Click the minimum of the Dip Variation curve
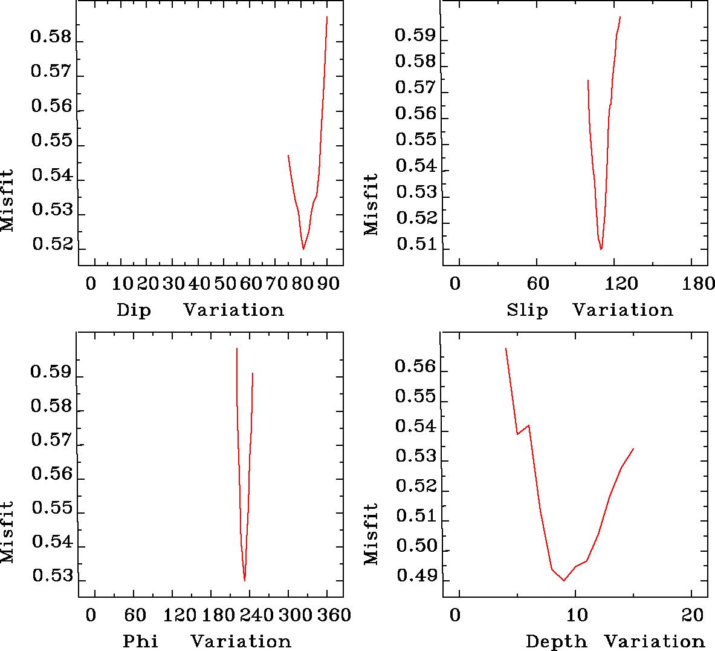pos(303,249)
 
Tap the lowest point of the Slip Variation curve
pos(601,249)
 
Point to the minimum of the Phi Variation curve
pos(244,580)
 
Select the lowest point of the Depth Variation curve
pos(564,580)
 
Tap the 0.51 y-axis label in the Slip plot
pos(415,245)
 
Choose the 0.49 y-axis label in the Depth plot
pos(415,577)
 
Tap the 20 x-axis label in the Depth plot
pos(696,615)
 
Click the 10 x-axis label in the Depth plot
pos(577,615)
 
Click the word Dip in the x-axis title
pos(134,310)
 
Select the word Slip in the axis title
pos(527,310)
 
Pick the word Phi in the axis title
pos(140,641)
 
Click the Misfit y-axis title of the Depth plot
pos(370,534)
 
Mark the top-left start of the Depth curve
pos(505,348)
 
